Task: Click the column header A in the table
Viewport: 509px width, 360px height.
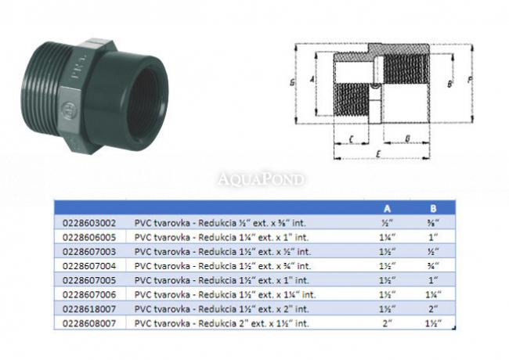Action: click(387, 208)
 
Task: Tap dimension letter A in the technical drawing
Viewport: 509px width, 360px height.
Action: click(312, 79)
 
